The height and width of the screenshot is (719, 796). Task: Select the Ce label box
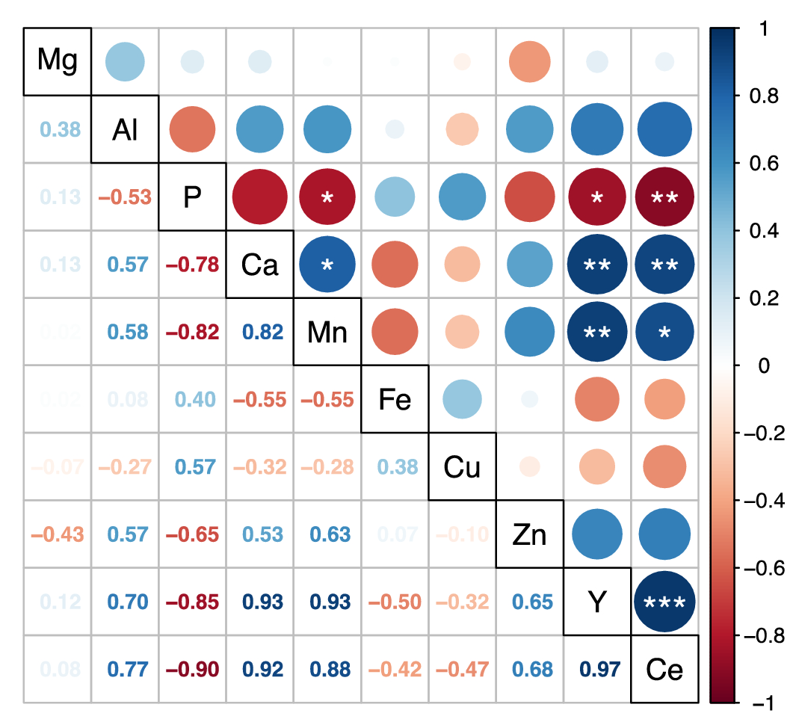(664, 669)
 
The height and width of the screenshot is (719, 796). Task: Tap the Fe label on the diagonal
(395, 400)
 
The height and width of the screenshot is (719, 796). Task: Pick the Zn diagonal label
(530, 534)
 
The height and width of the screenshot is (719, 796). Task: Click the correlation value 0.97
(596, 669)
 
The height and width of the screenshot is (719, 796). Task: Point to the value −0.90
(192, 669)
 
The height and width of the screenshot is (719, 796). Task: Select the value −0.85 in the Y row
(192, 602)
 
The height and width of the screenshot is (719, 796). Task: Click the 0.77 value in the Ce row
(125, 669)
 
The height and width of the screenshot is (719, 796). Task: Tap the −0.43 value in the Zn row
(58, 534)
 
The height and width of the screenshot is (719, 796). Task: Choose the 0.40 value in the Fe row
(192, 400)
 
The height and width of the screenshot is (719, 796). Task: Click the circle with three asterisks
(664, 602)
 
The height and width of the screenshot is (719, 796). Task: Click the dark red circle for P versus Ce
(664, 197)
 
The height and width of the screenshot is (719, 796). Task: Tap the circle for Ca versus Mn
(327, 265)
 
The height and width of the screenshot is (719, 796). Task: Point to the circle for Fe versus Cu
(462, 400)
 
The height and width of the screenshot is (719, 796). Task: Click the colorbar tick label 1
(763, 28)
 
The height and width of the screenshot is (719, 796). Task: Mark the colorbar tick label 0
(763, 365)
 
